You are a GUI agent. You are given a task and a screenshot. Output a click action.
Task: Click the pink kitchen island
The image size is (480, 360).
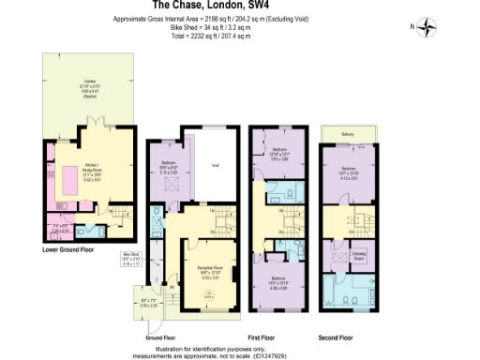tap(70, 181)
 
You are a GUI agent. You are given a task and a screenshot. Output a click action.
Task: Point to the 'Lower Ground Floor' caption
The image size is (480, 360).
tap(67, 250)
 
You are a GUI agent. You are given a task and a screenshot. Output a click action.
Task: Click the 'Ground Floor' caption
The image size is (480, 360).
tap(162, 335)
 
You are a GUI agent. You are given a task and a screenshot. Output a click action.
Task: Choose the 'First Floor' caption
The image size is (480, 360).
tap(278, 335)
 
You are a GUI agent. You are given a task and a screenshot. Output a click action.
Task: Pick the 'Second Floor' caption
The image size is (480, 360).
tap(335, 335)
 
